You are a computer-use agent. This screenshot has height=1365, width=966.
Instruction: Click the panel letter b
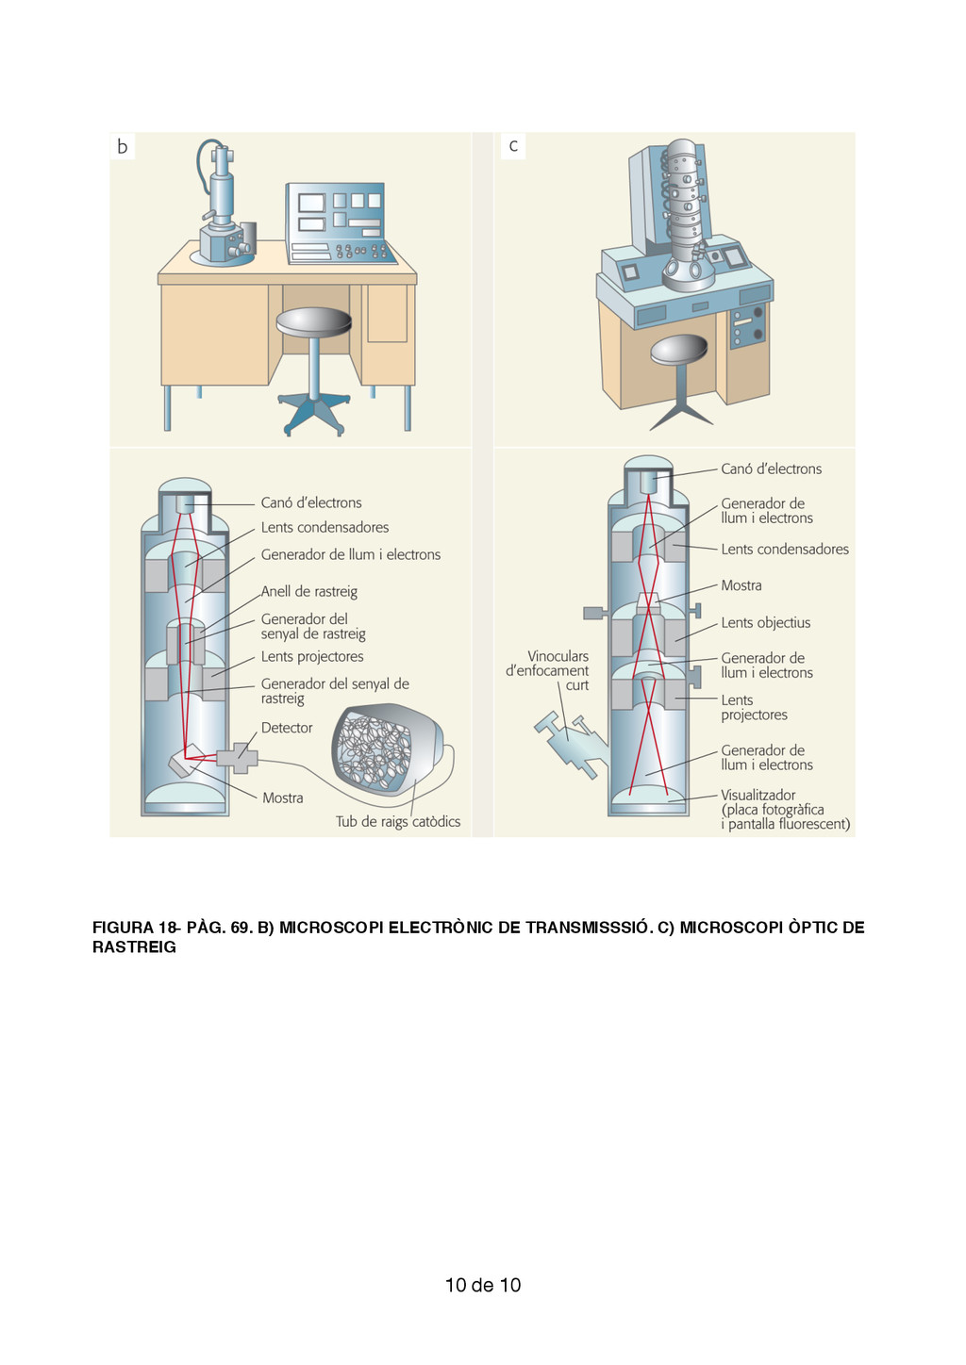coord(123,146)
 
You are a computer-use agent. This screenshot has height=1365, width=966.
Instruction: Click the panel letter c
coord(513,145)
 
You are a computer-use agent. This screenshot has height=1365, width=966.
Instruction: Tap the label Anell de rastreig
coord(309,592)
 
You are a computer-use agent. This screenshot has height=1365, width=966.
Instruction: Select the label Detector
coord(287,728)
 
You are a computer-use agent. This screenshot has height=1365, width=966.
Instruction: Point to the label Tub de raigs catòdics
coord(398,822)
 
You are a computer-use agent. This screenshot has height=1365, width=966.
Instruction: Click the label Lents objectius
coord(766,623)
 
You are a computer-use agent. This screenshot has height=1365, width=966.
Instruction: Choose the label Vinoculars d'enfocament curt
coord(548,670)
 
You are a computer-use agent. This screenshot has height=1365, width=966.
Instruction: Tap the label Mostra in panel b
coord(283,798)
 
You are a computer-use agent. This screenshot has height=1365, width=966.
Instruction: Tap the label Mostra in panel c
coord(741,585)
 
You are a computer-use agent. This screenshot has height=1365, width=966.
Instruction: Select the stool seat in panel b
coord(314,321)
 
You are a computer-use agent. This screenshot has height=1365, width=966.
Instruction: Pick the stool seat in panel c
coord(679,349)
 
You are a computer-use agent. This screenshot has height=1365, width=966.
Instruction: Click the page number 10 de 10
coord(483,1285)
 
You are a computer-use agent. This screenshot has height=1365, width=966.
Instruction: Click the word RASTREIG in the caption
coord(134,947)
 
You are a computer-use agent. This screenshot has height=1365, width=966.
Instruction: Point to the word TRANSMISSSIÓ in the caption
coord(588,928)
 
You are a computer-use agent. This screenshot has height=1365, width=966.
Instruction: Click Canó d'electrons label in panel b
coord(311,503)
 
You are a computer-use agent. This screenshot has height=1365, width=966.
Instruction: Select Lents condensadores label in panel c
coord(785,550)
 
